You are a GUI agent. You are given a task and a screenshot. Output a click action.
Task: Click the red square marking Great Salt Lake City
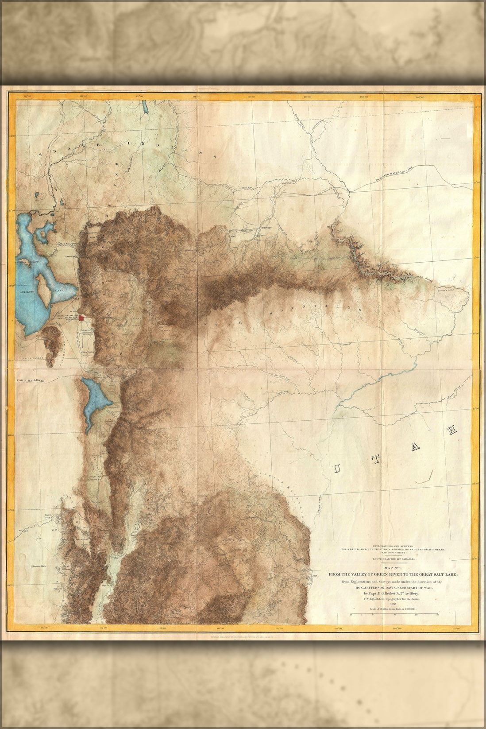(x=81, y=317)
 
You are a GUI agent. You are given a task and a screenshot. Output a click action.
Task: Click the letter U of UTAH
(x=337, y=469)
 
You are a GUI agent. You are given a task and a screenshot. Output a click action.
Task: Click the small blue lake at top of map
(x=145, y=108)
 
